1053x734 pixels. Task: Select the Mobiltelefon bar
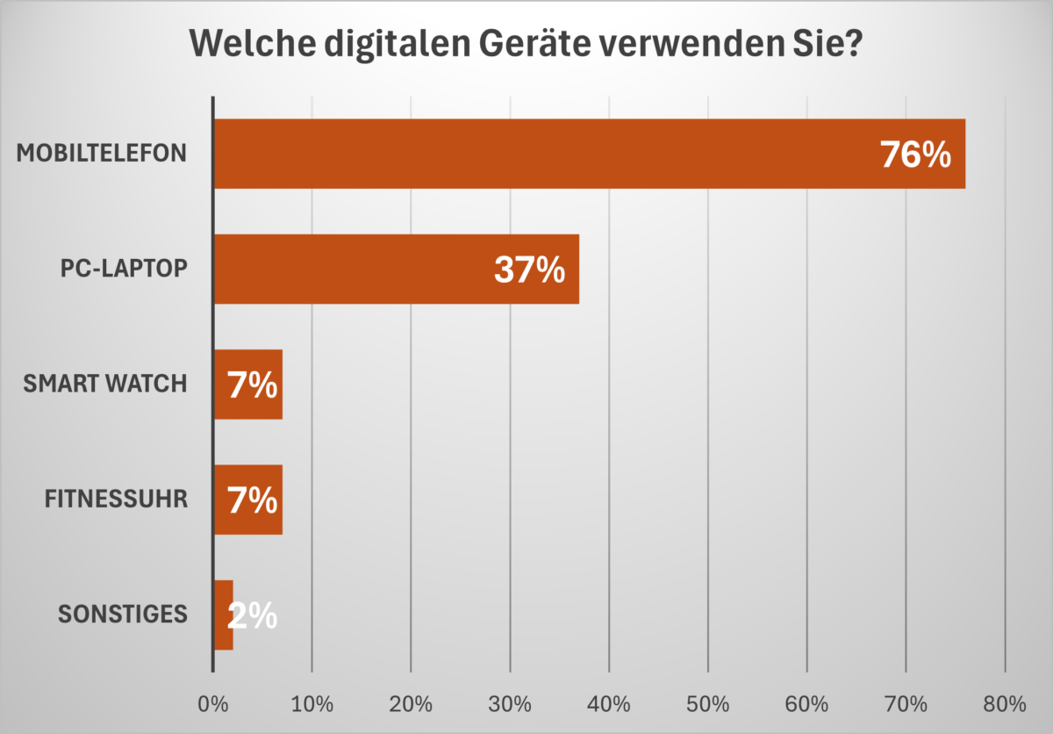point(588,154)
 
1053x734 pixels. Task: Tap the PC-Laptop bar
point(395,269)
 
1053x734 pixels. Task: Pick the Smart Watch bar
point(248,384)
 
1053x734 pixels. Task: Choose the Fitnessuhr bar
point(248,500)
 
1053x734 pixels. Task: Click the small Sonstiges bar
point(224,615)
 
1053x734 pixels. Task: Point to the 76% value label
point(915,155)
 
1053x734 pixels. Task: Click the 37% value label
point(528,270)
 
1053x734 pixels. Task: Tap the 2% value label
point(253,616)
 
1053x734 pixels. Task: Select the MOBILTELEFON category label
point(102,154)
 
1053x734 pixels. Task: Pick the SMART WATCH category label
point(105,384)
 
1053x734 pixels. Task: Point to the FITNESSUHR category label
point(116,500)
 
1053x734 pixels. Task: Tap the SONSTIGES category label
point(123,615)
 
